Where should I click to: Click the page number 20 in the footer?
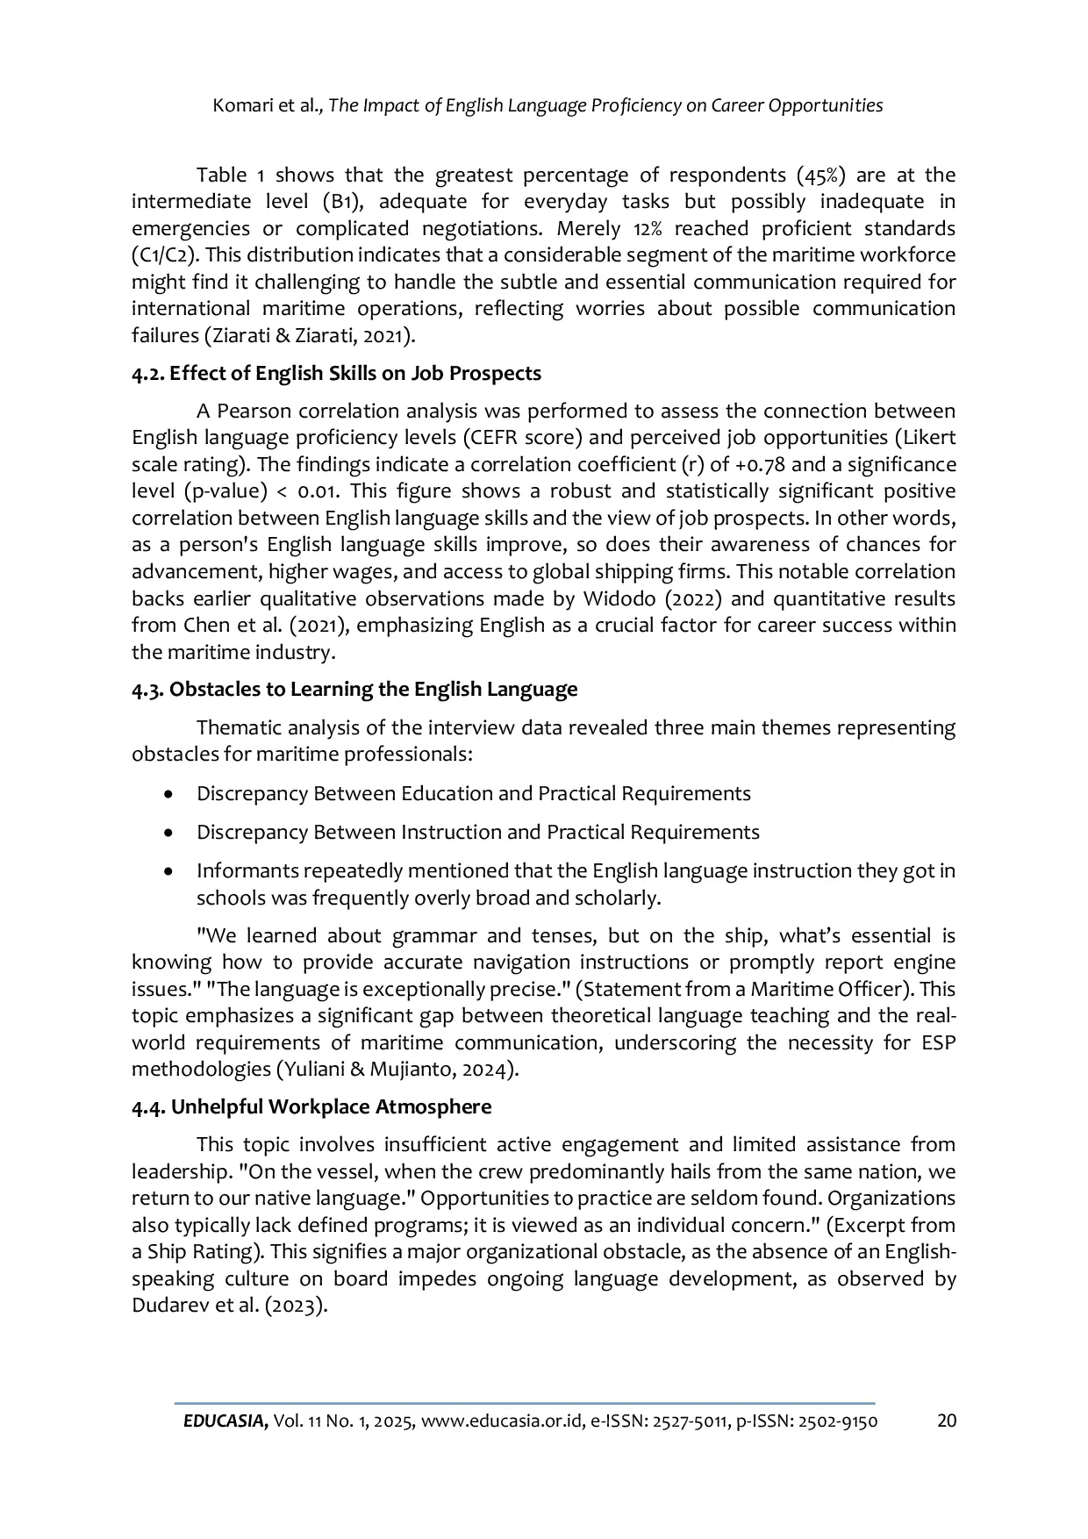(947, 1421)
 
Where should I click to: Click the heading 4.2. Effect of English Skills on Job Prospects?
(336, 373)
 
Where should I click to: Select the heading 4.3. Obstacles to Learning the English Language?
(354, 689)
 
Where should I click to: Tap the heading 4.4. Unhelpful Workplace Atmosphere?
(311, 1106)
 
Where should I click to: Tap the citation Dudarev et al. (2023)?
(229, 1305)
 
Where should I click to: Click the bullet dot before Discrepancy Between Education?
(168, 794)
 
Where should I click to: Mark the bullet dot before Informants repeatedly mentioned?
(168, 871)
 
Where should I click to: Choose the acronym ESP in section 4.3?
(936, 1042)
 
